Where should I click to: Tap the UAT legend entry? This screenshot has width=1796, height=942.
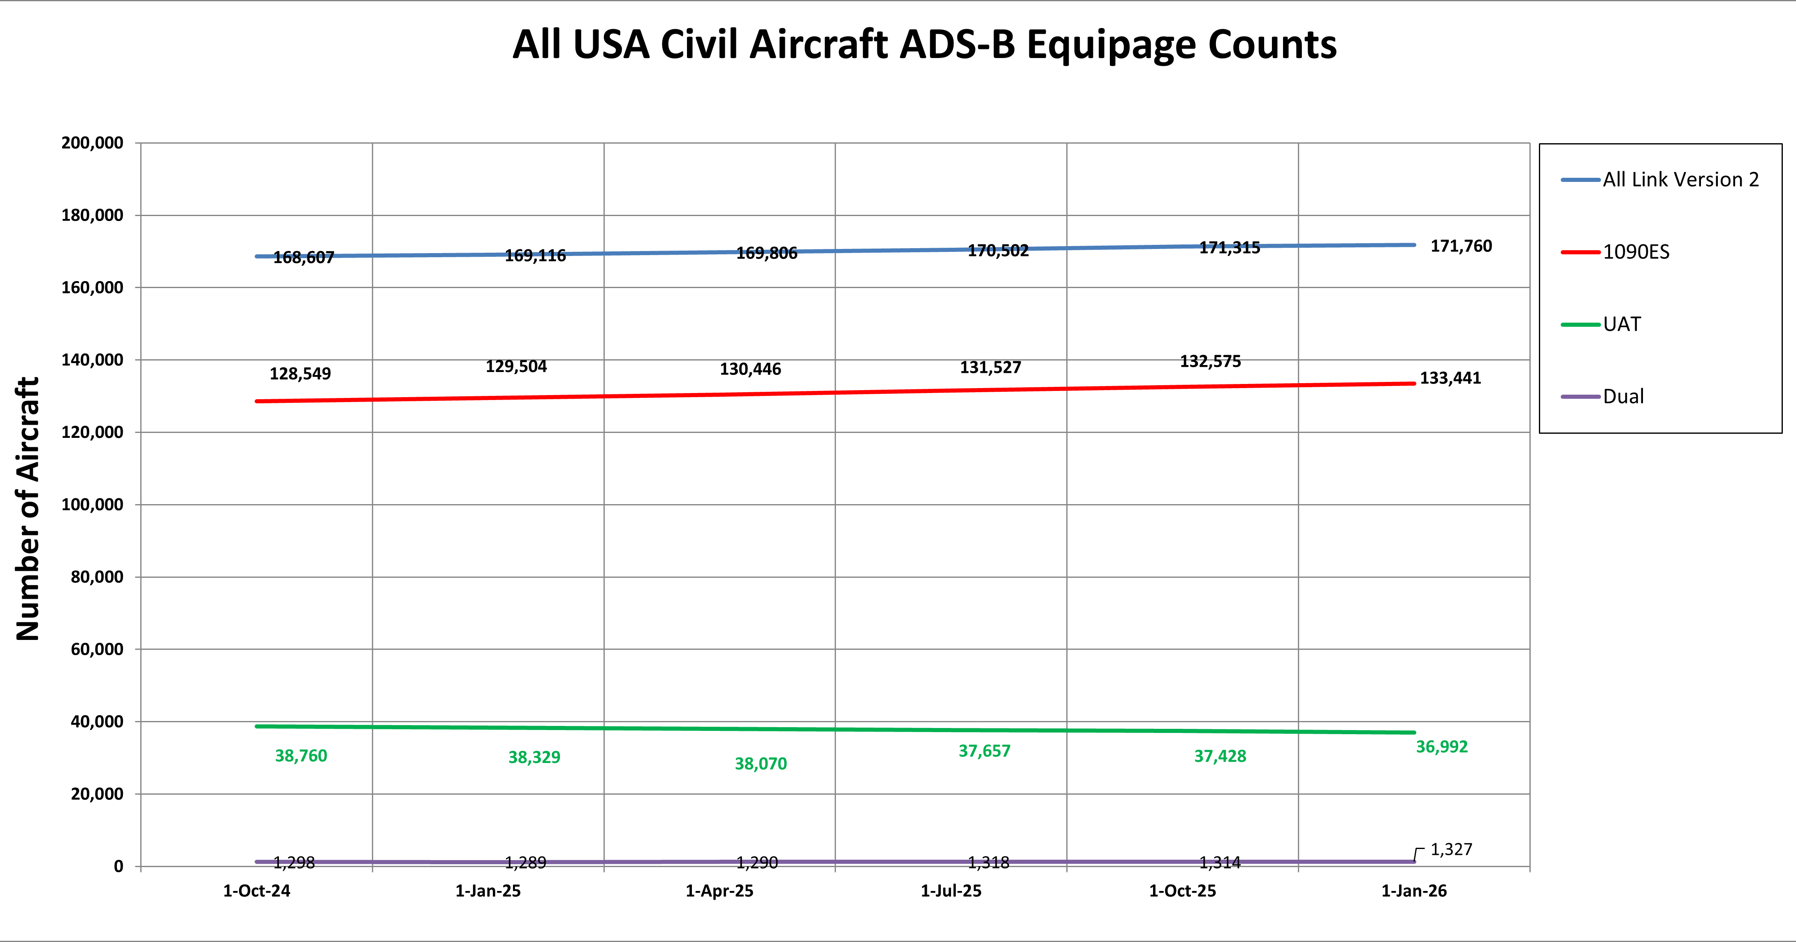point(1621,324)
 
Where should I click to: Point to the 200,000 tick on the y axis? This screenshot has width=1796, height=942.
point(92,143)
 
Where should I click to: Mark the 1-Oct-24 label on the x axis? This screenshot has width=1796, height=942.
point(257,891)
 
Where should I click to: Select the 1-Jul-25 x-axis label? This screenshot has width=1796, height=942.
point(951,891)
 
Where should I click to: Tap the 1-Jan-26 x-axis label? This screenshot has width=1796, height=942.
point(1414,891)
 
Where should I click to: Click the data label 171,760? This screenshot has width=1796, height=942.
point(1461,246)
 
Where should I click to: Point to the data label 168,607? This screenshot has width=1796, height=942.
point(303,257)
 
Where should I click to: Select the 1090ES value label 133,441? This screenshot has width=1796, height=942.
point(1450,378)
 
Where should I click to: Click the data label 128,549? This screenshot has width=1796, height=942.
point(300,374)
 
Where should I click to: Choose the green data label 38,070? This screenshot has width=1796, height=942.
point(761,764)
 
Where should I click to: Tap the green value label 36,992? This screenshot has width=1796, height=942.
point(1441,747)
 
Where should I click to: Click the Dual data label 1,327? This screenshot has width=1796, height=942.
point(1451,849)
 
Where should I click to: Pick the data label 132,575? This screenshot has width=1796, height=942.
point(1210,361)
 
